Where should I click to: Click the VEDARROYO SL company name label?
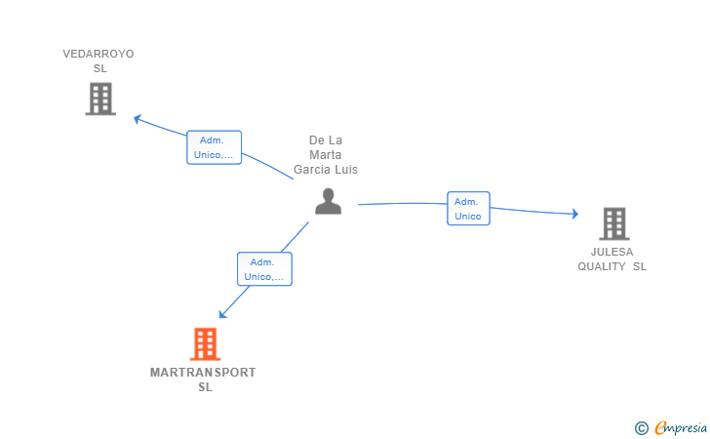(x=99, y=61)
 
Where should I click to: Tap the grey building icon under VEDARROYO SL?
(x=100, y=99)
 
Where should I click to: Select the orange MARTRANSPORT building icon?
(x=205, y=343)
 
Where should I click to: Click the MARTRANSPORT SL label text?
(x=203, y=379)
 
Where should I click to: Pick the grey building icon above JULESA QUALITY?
(x=614, y=223)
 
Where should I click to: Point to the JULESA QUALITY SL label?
(x=611, y=259)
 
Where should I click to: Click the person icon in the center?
(x=329, y=201)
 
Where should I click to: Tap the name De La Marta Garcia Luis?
(x=326, y=154)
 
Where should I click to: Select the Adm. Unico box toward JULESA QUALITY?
(x=468, y=209)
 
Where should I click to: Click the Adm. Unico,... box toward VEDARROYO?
(x=215, y=147)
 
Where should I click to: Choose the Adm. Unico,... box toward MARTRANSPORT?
(x=264, y=269)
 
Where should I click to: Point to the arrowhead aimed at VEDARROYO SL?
(x=138, y=119)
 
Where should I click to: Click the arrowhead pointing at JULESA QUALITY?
(x=575, y=214)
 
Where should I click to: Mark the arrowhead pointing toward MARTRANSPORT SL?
(x=222, y=314)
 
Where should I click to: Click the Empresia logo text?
(x=681, y=427)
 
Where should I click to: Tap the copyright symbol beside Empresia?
(x=642, y=428)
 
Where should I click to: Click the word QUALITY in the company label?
(x=602, y=266)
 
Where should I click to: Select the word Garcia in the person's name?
(x=309, y=170)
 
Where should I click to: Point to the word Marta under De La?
(x=325, y=155)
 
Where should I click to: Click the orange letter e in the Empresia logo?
(x=660, y=427)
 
